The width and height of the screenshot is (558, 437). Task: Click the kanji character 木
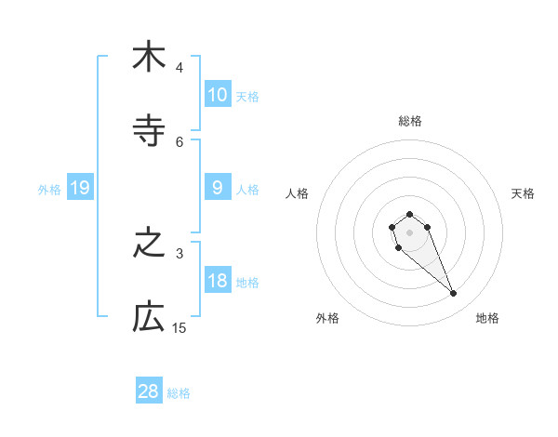(149, 58)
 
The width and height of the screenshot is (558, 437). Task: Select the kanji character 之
(149, 244)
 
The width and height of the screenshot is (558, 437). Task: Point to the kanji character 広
(149, 318)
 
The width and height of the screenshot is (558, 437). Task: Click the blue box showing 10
(217, 95)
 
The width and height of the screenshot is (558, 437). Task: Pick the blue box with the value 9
(217, 188)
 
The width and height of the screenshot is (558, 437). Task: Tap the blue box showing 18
(217, 281)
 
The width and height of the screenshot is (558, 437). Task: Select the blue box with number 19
(80, 189)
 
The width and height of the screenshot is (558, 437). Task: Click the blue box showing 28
(149, 391)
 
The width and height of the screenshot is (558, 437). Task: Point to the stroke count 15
(179, 328)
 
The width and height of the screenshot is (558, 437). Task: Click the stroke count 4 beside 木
(179, 68)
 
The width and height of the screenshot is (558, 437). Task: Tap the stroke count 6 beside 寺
(179, 142)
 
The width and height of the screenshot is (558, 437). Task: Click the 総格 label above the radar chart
(410, 121)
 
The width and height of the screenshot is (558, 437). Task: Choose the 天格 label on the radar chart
(524, 193)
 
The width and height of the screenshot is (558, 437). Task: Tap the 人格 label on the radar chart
(297, 193)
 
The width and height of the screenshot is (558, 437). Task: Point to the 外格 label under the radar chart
(327, 318)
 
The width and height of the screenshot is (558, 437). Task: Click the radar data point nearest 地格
(453, 294)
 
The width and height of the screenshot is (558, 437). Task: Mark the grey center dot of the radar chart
(409, 232)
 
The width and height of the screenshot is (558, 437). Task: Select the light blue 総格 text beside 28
(179, 392)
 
